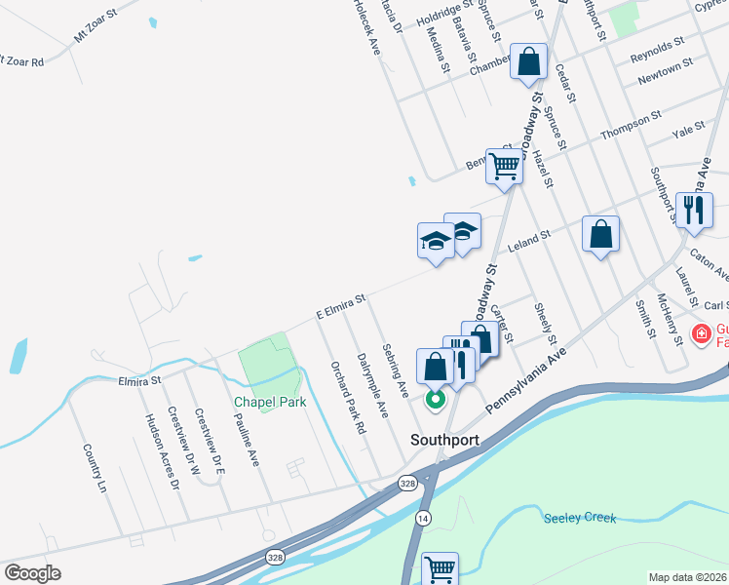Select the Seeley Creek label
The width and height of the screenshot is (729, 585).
580,518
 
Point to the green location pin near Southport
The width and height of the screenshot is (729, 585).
436,398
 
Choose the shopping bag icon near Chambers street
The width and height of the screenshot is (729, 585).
528,62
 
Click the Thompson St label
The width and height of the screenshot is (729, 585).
625,127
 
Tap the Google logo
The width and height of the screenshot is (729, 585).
32,573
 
